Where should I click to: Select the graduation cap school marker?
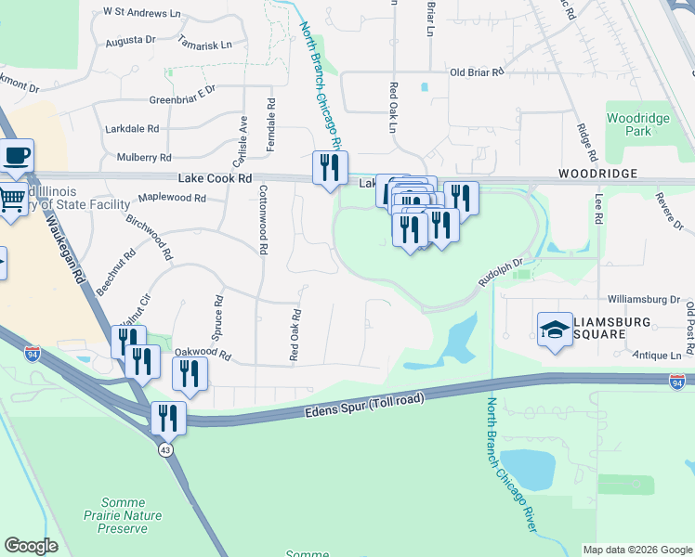coord(555,329)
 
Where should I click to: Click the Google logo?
coord(31,546)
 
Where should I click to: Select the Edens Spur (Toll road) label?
coord(363,408)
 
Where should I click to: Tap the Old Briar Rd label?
coord(477,71)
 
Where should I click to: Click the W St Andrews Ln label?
coord(142,12)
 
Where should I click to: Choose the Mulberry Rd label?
coord(138,158)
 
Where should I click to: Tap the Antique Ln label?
coord(657,356)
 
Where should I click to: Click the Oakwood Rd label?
coord(202,355)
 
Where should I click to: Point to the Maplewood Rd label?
coord(172,198)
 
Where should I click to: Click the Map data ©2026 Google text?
coord(637,550)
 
